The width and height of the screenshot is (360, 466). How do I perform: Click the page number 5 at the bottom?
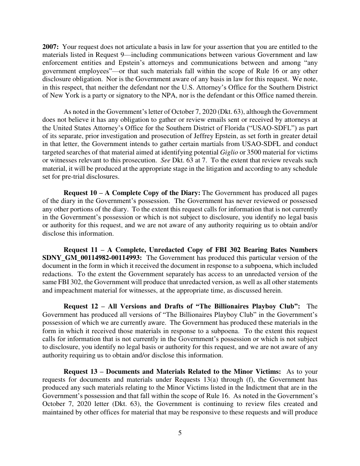[180, 432]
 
